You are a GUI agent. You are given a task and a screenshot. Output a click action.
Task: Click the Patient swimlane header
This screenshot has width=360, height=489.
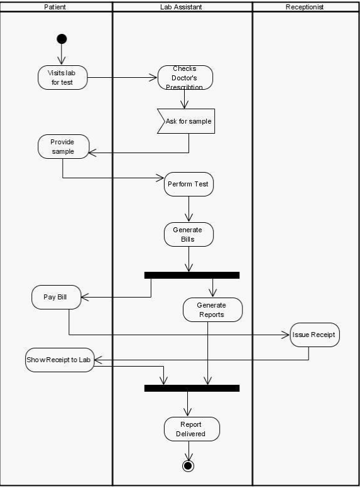tap(56, 7)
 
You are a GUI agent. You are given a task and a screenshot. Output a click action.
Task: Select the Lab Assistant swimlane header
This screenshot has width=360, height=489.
tap(182, 7)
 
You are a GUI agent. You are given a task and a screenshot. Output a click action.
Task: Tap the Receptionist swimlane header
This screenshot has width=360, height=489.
tap(305, 7)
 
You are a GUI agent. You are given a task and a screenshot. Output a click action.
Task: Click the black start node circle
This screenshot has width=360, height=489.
tap(62, 39)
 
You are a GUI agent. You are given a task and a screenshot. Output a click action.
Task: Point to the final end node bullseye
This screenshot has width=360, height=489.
tap(187, 466)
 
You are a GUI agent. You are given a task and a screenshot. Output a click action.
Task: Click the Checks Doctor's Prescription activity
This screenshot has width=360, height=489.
tap(185, 77)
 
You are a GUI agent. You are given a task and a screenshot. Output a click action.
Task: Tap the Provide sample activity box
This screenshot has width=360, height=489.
tap(63, 146)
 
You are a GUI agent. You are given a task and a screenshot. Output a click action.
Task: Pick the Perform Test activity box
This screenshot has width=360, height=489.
tap(188, 185)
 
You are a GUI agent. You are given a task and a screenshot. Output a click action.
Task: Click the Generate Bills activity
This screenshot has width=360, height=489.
tap(188, 235)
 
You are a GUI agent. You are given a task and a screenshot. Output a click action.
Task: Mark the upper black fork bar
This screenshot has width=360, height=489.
tap(192, 275)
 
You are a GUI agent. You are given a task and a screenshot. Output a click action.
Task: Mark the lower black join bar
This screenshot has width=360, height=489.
tap(192, 388)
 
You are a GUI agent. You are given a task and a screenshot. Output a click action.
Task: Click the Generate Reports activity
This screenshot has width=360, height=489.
tap(212, 309)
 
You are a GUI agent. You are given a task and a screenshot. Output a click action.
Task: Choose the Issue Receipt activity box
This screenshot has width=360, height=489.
tap(315, 335)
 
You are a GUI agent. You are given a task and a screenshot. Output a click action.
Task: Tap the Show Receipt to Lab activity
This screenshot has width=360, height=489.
tap(59, 360)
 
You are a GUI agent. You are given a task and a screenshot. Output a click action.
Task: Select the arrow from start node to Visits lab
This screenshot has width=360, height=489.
tap(62, 55)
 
